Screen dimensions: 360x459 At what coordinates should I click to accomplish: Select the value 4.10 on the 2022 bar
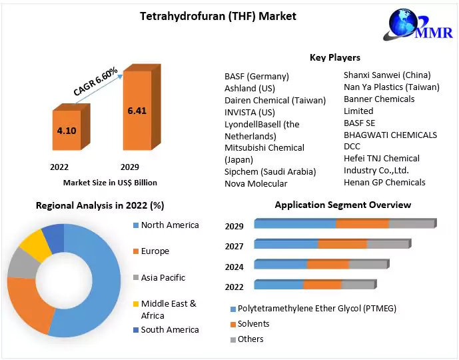point(67,131)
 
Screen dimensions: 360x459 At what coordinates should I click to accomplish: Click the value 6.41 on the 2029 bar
point(137,111)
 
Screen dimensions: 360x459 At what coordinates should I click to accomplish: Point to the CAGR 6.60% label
point(95,82)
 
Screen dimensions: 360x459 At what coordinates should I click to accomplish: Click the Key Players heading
point(335,57)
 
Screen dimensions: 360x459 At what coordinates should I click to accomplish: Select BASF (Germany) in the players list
point(256,76)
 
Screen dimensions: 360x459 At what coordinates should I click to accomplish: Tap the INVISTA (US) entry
point(250,112)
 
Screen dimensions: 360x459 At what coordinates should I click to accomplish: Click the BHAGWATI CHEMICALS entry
point(390,135)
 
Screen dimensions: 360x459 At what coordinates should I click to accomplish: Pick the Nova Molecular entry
point(256,183)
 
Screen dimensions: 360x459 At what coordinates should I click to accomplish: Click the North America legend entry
point(170,225)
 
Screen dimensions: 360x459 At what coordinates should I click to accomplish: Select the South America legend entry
point(170,330)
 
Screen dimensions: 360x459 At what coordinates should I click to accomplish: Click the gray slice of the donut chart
point(23,264)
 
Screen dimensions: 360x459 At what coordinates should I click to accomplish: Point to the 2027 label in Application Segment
point(234,246)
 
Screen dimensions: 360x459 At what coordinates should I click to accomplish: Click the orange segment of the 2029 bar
point(362,223)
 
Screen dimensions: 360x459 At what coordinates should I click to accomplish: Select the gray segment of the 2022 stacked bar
point(358,285)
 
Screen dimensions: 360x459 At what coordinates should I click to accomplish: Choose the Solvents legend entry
point(254,324)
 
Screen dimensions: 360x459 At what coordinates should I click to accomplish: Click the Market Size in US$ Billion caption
point(110,182)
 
